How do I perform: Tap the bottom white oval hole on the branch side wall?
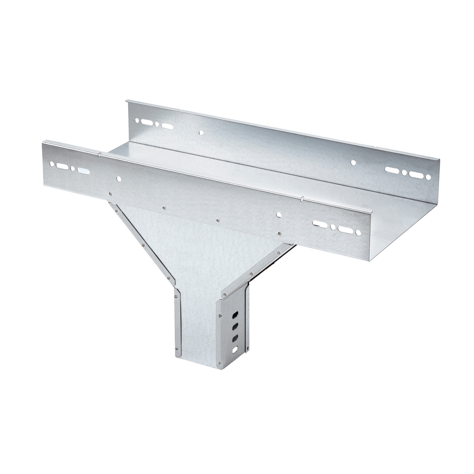coord(235,349)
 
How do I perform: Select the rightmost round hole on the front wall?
coord(358,233)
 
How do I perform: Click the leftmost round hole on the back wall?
coord(137,121)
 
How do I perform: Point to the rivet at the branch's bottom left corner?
coord(177,348)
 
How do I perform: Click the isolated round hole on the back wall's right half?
coord(353,162)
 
